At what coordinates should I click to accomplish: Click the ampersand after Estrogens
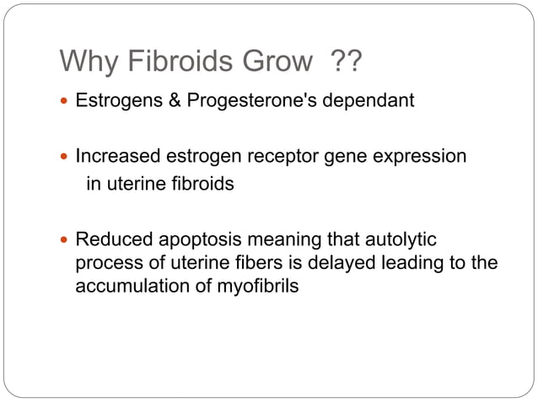pos(163,102)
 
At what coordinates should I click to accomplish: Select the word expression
pos(424,157)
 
